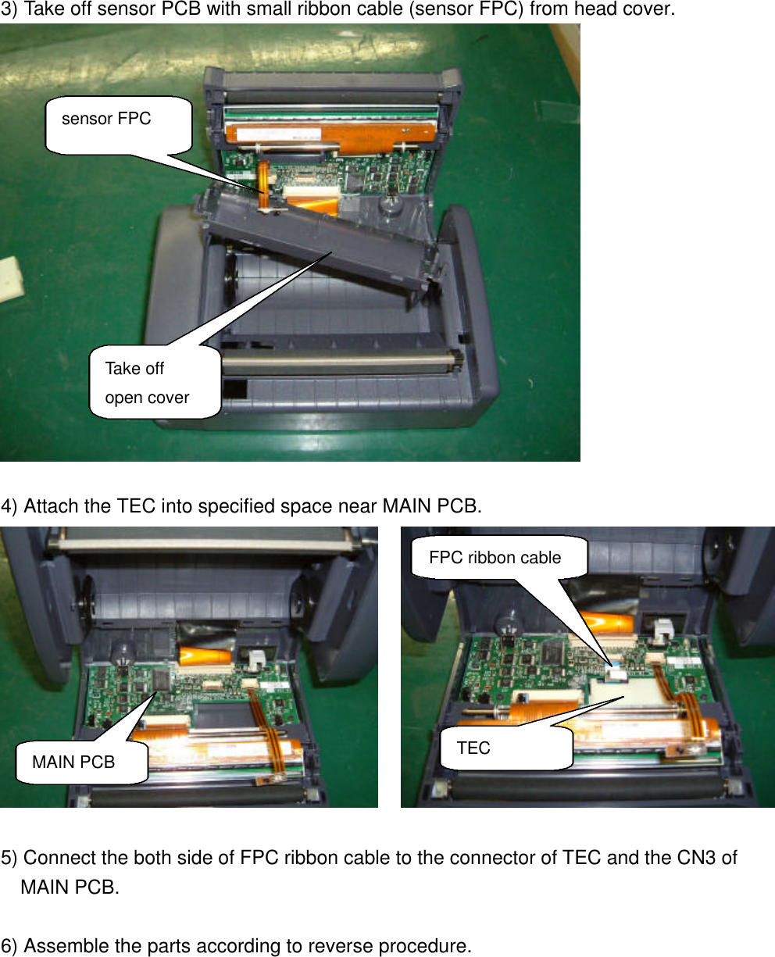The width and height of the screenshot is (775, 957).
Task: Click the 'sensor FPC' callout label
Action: click(x=107, y=120)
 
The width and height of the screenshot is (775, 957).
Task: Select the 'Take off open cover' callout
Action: click(x=148, y=383)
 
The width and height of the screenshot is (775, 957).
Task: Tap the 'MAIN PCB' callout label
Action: click(x=73, y=762)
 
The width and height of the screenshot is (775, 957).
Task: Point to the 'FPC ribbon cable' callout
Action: click(x=495, y=557)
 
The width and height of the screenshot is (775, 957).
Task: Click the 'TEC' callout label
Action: click(x=473, y=748)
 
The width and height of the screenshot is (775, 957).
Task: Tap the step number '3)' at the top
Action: click(x=10, y=10)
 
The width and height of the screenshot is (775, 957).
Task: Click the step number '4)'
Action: click(x=10, y=506)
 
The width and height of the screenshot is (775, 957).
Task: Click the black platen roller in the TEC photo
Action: click(x=586, y=786)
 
